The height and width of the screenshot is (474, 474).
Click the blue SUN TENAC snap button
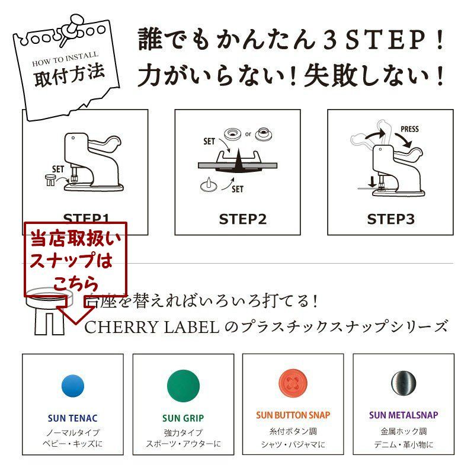pos(72,386)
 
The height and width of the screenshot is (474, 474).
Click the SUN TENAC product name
pos(72,418)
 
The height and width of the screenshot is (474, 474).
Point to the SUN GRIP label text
pos(183,418)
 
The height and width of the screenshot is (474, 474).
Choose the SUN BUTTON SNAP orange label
pos(293,415)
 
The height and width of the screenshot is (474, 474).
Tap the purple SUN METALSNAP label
pos(403,415)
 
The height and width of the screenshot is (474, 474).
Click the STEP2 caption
pos(243,219)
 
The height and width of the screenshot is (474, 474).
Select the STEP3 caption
pos(390,219)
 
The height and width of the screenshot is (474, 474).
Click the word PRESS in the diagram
pos(410,129)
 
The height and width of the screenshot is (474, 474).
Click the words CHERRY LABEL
pos(152,326)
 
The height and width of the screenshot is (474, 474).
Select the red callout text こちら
pos(76,283)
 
